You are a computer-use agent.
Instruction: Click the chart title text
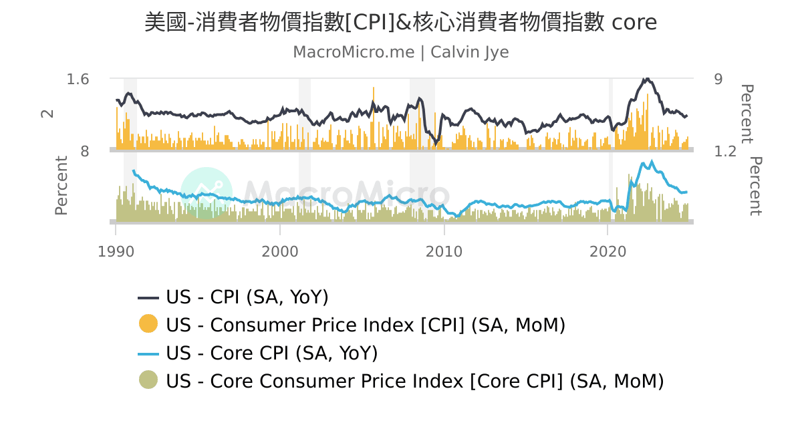click(x=400, y=22)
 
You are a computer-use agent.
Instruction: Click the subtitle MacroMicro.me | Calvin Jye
click(x=400, y=52)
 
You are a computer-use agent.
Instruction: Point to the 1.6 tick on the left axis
click(x=78, y=80)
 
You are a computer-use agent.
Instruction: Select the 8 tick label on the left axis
click(x=85, y=152)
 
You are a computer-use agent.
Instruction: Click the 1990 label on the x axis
click(x=116, y=252)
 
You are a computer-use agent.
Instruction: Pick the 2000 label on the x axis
click(x=279, y=252)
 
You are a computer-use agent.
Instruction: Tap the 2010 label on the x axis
click(x=444, y=252)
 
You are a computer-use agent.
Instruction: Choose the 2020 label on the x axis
click(x=608, y=252)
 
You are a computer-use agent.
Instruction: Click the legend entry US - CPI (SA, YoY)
click(x=247, y=297)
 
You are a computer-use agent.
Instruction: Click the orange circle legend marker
click(x=148, y=324)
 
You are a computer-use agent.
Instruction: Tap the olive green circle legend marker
click(x=148, y=380)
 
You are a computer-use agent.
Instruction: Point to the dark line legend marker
click(x=148, y=297)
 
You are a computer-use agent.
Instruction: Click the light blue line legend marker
click(x=148, y=353)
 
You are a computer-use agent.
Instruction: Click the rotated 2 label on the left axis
click(x=47, y=114)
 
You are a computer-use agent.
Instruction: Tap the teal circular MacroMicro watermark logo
click(x=207, y=192)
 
